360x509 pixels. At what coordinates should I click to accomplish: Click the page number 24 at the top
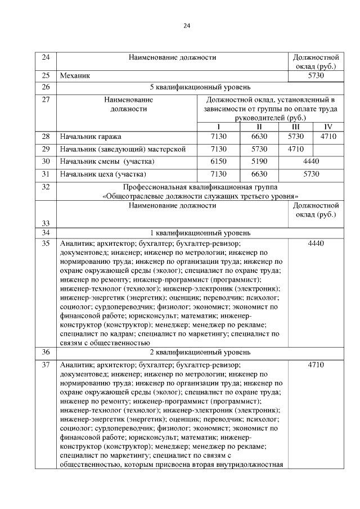(187, 25)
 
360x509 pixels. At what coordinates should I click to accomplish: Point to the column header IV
(328, 126)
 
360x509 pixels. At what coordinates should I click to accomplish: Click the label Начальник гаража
(91, 136)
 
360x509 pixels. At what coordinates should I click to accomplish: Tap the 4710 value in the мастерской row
(295, 149)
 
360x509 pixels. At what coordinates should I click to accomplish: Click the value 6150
(218, 161)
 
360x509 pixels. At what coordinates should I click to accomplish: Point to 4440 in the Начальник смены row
(310, 161)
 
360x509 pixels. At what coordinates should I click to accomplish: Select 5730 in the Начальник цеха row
(310, 174)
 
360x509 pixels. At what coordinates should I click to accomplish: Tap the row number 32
(46, 186)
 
